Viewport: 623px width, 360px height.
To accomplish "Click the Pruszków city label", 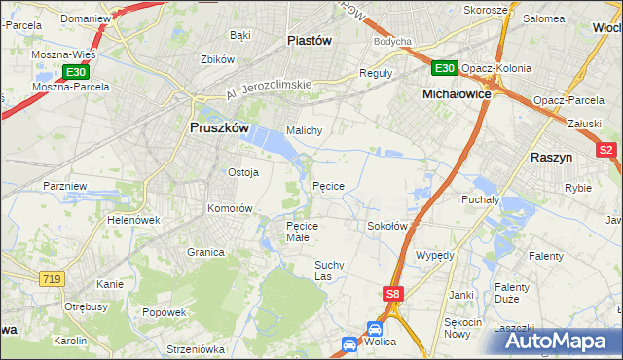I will click(219, 128).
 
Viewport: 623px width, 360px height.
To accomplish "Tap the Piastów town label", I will click(310, 41).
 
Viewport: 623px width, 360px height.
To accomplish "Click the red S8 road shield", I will click(392, 293).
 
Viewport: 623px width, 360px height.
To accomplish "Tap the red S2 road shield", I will click(605, 150).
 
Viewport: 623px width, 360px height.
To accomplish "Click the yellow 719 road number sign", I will click(54, 278).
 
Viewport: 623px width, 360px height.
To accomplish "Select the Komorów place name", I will click(230, 208).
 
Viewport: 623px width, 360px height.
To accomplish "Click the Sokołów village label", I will click(386, 226).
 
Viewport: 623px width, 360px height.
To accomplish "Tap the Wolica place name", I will click(385, 342).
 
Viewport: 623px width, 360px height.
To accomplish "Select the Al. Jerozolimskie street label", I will click(269, 90).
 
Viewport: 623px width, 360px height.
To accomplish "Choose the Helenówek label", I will click(133, 220).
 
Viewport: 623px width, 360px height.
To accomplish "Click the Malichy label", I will click(304, 130).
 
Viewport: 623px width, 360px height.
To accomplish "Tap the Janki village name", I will click(460, 294).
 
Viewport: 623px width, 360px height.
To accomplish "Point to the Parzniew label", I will click(65, 185).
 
